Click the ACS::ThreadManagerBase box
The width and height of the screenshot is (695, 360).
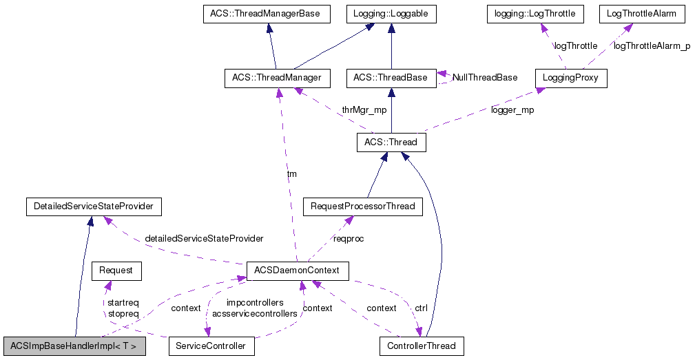[x=266, y=14]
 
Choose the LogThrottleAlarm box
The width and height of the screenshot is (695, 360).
[x=637, y=14]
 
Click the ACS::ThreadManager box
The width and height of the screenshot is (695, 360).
[x=277, y=78]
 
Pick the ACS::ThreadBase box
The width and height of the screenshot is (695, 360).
[x=391, y=78]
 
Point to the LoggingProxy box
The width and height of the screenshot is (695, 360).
[x=570, y=78]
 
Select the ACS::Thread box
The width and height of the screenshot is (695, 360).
[x=391, y=142]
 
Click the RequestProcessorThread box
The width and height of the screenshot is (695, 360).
[x=363, y=206]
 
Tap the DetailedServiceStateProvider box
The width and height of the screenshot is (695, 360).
[x=93, y=206]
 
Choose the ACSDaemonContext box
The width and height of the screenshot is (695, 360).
[x=298, y=271]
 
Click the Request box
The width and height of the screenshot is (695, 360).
[x=116, y=271]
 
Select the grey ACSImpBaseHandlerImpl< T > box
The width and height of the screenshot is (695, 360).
[x=74, y=346]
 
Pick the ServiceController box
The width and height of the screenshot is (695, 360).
[x=211, y=346]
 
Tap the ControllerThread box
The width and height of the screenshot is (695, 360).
[x=422, y=346]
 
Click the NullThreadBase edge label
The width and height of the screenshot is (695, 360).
[x=485, y=78]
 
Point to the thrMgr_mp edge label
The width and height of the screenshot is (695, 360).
[x=364, y=110]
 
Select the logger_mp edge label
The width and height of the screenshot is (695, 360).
[x=512, y=110]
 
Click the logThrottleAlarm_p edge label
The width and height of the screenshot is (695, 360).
[x=652, y=46]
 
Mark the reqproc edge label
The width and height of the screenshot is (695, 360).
[x=349, y=239]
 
